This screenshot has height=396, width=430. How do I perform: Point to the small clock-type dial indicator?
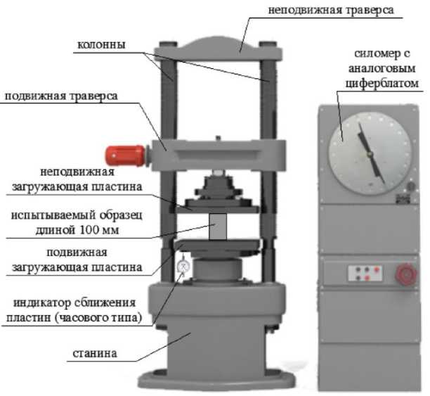pos(184,268)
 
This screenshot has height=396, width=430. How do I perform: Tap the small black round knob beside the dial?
pos(411,187)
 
